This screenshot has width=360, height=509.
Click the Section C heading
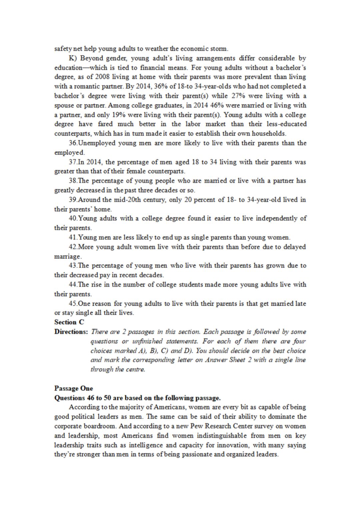pos(69,322)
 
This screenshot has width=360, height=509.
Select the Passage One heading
pos(74,388)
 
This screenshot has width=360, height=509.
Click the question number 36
pos(73,143)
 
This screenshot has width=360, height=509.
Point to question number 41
pos(73,238)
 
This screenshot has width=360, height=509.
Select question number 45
pos(73,304)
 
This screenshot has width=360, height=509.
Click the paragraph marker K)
pos(73,58)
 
